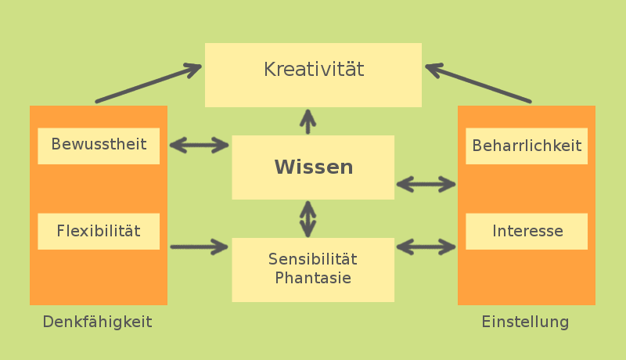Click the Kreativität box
coord(313,74)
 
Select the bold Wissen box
coord(313,167)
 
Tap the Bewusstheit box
coord(99,146)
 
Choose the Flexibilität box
coord(99,232)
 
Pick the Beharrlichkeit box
coord(527,146)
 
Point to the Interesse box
coord(527,232)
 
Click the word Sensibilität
coord(313,259)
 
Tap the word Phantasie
coord(313,278)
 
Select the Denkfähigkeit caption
coord(97,322)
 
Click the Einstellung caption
coord(525,322)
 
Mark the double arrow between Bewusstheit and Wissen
coord(200,145)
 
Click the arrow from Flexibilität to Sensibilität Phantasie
coord(200,247)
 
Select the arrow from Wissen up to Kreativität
coord(308,121)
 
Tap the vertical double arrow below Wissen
coord(308,218)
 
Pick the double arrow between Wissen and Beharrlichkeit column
coord(426,185)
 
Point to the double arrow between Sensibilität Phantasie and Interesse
coord(426,247)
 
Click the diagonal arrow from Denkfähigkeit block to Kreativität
coord(147,85)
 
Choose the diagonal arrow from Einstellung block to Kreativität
coord(479,85)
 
